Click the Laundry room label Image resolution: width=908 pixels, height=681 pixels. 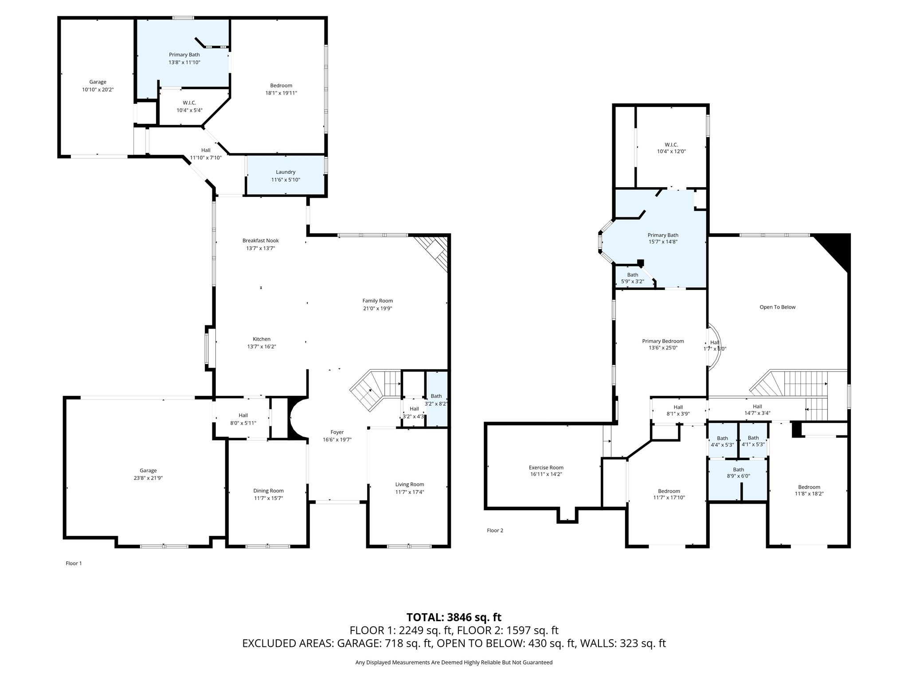click(286, 172)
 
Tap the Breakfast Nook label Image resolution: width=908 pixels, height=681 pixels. click(260, 241)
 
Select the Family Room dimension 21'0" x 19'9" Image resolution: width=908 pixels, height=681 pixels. click(377, 309)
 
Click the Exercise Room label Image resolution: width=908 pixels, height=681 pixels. click(546, 467)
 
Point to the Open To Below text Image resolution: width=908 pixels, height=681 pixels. click(777, 307)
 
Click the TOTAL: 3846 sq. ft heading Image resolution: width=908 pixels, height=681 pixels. click(454, 617)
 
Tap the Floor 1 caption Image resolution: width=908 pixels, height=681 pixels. click(74, 564)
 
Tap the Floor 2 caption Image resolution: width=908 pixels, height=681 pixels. click(495, 531)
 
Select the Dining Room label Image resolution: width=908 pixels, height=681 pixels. click(268, 491)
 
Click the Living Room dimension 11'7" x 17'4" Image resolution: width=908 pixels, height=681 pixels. click(410, 492)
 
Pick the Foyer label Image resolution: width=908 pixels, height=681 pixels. click(337, 432)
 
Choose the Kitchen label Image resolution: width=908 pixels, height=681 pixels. click(262, 339)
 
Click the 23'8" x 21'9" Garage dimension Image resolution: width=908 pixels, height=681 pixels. click(148, 478)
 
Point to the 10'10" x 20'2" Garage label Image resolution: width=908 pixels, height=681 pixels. click(98, 82)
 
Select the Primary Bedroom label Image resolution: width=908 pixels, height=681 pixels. click(663, 341)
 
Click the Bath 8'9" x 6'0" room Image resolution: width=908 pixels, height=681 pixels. click(738, 473)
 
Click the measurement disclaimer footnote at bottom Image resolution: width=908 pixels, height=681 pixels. click(454, 662)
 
